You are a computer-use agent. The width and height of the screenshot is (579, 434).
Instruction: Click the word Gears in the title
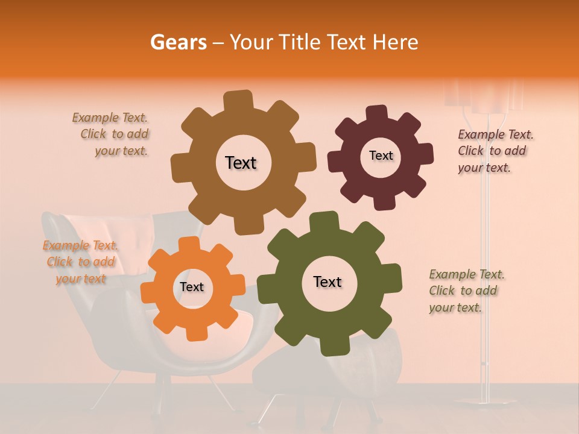pos(178,42)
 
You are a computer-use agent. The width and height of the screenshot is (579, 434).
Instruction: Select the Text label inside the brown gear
pos(241,163)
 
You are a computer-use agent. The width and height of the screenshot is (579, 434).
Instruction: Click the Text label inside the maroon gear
pos(381,156)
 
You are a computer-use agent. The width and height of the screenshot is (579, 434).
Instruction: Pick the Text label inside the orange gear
pos(191,287)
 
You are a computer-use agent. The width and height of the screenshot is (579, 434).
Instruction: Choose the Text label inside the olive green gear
pos(327,281)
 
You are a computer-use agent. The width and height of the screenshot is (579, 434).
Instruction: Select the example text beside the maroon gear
pos(495,151)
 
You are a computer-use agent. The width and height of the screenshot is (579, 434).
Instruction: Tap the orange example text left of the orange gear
pos(81,262)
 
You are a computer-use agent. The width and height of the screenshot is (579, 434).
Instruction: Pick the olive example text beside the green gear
pos(466,291)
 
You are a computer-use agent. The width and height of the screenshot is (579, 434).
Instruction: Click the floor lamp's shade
pos(482,96)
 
